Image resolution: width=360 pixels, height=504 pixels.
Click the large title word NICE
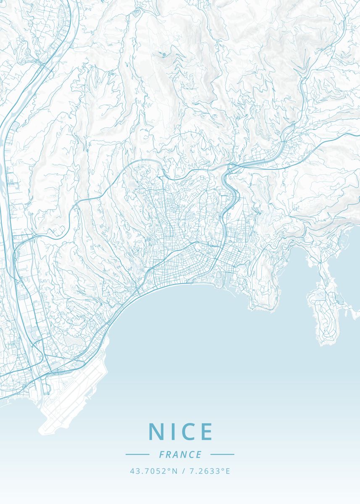tap(181, 431)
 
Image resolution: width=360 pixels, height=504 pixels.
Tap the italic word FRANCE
tap(180, 454)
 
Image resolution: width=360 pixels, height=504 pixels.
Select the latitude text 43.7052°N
tap(154, 471)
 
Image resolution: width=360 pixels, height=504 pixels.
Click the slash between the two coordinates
tap(184, 471)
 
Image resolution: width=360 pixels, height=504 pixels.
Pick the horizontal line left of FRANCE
tap(137, 454)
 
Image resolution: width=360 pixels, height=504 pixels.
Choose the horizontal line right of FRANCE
tap(222, 454)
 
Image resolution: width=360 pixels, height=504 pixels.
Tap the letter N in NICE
tap(156, 431)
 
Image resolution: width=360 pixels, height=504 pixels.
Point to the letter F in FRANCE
tap(162, 454)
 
